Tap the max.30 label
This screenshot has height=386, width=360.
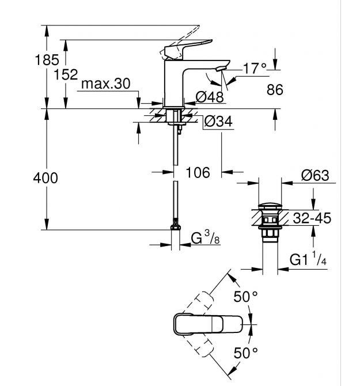105,84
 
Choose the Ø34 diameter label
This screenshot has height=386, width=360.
217,122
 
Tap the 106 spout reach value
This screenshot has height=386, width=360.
197,172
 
